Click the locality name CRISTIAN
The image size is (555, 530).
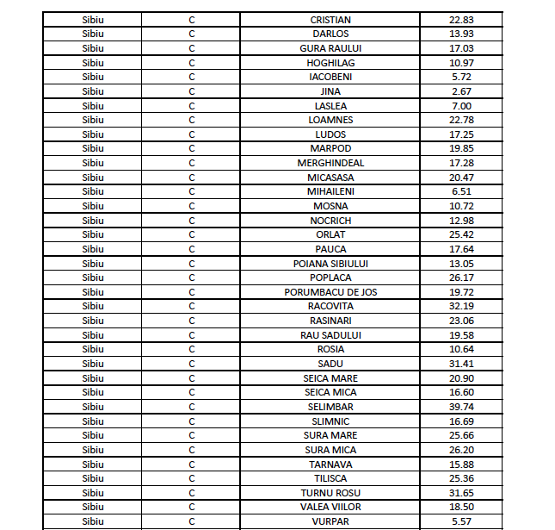(330, 20)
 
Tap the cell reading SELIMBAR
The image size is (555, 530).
(330, 407)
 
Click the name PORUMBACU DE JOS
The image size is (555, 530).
(330, 292)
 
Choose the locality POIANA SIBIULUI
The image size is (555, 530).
(330, 264)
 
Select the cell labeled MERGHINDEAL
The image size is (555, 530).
(330, 163)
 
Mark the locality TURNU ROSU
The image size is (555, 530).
(330, 493)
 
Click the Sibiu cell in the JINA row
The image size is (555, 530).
(92, 91)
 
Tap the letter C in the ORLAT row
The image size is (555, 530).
(192, 234)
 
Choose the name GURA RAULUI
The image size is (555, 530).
(330, 48)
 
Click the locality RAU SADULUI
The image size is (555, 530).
(330, 335)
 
